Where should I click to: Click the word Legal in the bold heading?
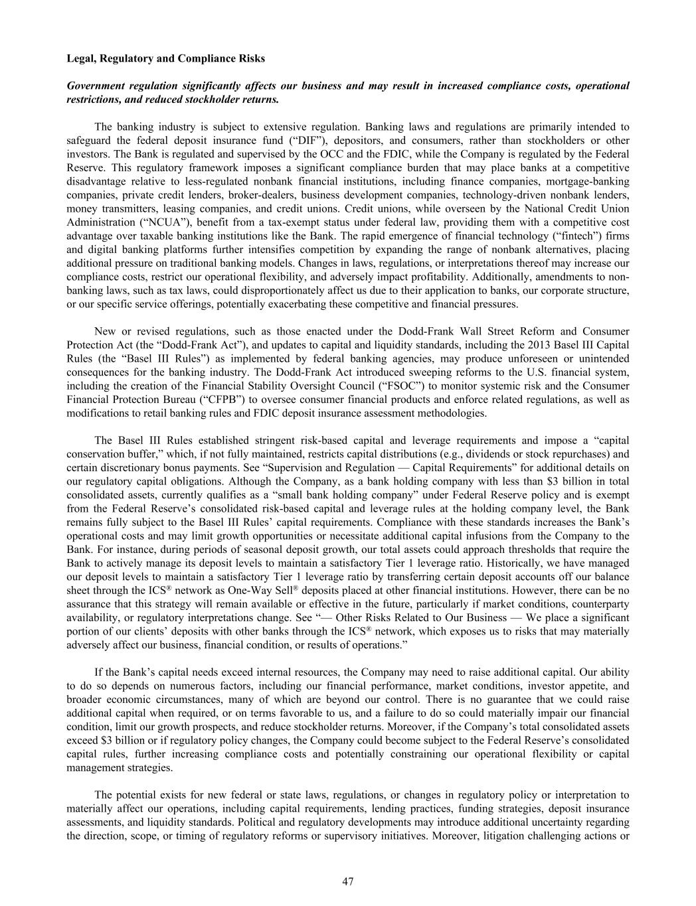pyautogui.click(x=80, y=58)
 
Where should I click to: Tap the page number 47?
pyautogui.click(x=347, y=881)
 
